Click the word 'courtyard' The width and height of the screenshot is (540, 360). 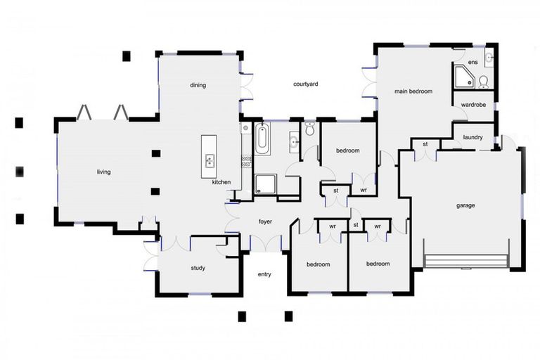[306, 84]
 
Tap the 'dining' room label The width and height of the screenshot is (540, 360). [198, 85]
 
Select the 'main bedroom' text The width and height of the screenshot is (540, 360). [413, 91]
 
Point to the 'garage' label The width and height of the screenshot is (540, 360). [465, 205]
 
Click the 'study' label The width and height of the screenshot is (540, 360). [198, 268]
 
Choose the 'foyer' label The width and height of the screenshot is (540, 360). [265, 221]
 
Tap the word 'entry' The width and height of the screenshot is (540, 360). [264, 274]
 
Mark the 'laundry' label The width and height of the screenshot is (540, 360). [473, 137]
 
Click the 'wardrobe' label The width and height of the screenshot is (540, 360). [473, 105]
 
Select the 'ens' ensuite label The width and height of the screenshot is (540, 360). [473, 63]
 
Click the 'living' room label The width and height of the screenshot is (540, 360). [104, 172]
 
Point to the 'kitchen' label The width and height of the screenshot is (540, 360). [221, 182]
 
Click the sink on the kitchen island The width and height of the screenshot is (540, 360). [210, 160]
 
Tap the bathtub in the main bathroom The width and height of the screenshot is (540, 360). [262, 139]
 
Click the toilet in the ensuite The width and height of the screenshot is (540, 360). [484, 83]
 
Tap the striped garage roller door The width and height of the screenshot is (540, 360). [465, 261]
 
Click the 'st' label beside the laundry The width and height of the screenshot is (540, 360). [425, 144]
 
